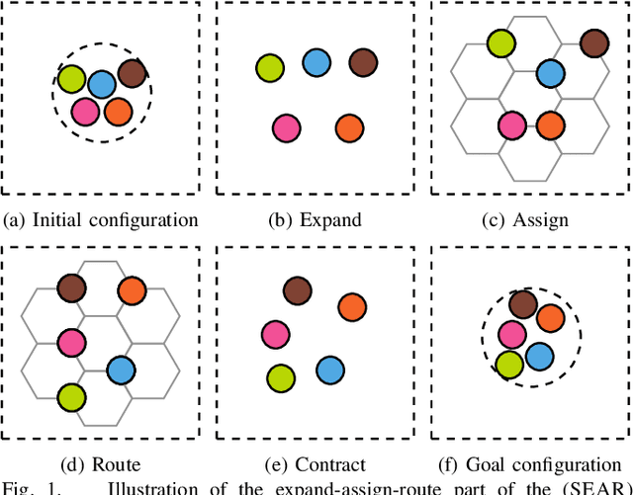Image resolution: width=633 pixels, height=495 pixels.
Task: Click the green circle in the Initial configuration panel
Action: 72,78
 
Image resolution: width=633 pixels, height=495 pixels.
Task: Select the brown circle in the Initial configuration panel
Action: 132,72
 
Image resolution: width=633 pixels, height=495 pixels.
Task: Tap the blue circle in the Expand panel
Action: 316,63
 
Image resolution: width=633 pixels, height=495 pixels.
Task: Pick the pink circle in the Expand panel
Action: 287,127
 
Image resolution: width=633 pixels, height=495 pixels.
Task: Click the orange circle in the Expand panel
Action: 348,127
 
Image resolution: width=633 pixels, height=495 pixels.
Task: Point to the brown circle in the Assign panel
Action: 593,42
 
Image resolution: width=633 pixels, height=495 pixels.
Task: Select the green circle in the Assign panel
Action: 501,42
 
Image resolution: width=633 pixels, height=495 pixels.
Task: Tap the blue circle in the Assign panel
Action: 550,72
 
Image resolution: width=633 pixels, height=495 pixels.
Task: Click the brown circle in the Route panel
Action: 71,289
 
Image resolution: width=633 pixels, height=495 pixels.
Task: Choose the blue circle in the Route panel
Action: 121,371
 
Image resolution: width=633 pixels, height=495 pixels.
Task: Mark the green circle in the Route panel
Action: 71,397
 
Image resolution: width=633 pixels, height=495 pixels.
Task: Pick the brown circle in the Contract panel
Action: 297,290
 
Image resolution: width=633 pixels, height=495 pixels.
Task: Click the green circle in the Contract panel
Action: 281,376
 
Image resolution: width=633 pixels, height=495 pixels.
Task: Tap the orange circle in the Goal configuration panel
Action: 550,318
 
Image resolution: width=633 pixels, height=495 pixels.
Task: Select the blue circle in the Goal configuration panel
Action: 540,356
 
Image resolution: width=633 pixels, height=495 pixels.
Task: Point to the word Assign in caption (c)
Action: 542,219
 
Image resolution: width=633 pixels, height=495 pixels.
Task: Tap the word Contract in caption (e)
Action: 330,463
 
